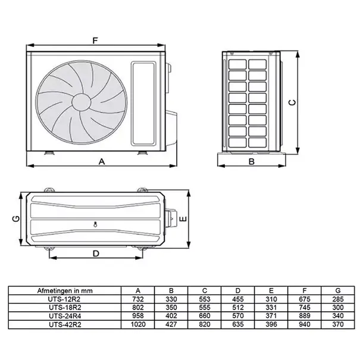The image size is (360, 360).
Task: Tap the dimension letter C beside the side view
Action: tap(292, 102)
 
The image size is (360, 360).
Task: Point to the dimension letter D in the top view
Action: tap(95, 253)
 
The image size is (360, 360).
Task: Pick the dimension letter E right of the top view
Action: tap(184, 219)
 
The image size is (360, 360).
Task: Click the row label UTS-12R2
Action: tap(64, 299)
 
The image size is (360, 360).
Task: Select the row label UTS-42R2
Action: tap(64, 324)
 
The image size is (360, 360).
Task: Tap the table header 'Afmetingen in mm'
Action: tap(64, 290)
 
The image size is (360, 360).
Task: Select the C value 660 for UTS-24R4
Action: tap(204, 316)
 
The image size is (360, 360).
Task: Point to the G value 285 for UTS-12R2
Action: tap(336, 299)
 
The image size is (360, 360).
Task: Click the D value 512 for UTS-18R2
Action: tap(237, 307)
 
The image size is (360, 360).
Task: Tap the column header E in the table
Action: tap(271, 290)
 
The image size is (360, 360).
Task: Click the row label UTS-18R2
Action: tap(64, 307)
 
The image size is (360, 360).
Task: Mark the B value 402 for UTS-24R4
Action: tap(171, 316)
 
